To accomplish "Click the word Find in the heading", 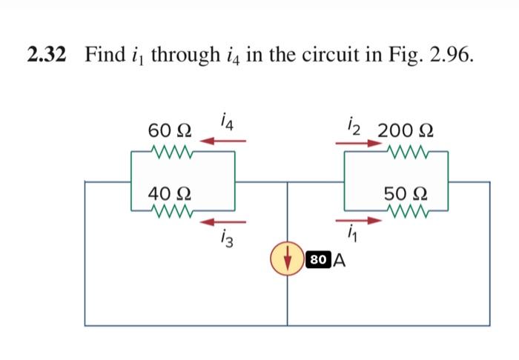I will tap(105, 54).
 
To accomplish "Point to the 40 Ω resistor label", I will tap(170, 194).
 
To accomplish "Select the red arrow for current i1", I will tap(362, 219).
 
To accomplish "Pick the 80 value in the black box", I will tap(318, 260).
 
